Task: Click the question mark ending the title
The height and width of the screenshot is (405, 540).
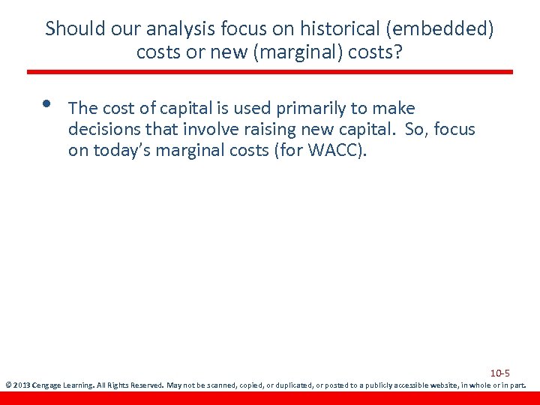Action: click(399, 53)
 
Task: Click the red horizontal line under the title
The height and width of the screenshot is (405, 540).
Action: click(270, 72)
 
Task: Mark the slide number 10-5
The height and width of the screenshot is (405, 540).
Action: click(500, 373)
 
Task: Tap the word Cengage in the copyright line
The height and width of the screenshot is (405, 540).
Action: click(49, 385)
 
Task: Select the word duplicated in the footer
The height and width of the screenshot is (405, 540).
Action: click(291, 385)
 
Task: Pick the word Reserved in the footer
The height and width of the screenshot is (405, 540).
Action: click(145, 385)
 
